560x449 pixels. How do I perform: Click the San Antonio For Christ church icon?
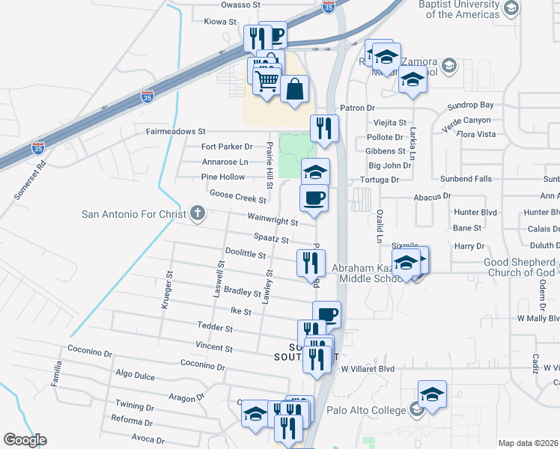tap(198, 215)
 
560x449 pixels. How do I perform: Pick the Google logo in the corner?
tap(25, 440)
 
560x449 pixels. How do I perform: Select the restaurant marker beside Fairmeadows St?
tap(324, 128)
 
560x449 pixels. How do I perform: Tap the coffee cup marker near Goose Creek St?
tap(314, 198)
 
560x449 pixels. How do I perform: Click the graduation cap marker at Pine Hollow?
tap(315, 172)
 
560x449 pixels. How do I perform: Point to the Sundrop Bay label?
tap(470, 106)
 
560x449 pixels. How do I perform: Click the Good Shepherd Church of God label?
tap(518, 267)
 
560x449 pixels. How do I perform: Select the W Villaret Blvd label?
tap(367, 369)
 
